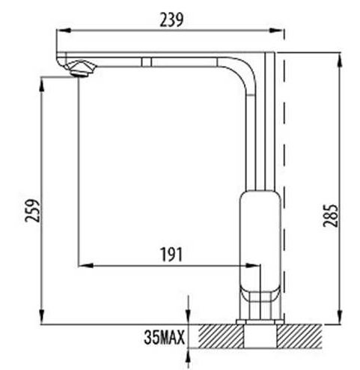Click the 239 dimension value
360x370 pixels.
(x=171, y=19)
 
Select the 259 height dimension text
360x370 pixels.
(x=32, y=210)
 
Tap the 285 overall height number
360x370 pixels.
(x=330, y=216)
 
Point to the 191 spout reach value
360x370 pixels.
(x=171, y=255)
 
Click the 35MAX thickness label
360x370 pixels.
(x=165, y=337)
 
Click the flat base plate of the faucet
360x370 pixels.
(x=260, y=322)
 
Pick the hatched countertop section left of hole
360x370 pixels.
(x=221, y=336)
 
